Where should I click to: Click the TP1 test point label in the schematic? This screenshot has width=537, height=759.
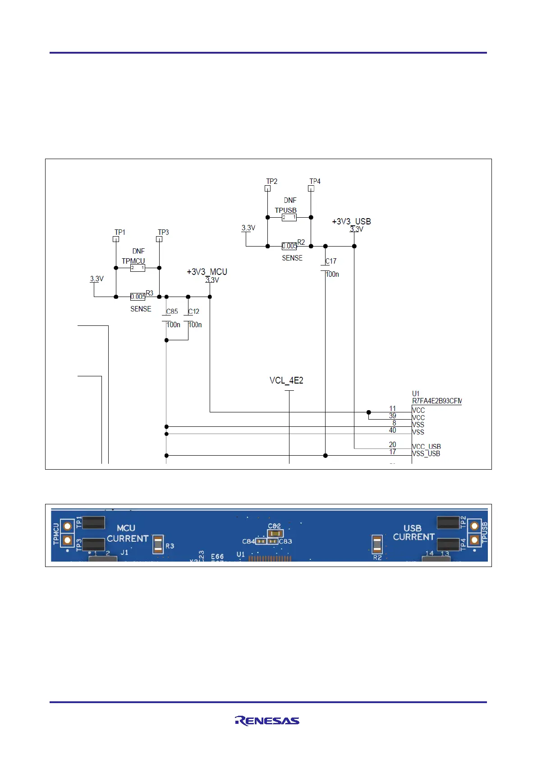point(119,232)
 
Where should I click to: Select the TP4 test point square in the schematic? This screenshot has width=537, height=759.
point(311,188)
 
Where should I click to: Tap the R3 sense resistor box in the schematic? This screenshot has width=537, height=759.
point(138,297)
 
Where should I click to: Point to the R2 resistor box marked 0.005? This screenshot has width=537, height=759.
point(289,246)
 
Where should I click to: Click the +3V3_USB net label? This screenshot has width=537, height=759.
point(351,221)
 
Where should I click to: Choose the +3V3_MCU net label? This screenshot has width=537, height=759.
point(207,272)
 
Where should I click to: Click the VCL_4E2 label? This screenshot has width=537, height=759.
point(286,380)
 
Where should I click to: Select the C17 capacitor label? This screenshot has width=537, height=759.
point(331,261)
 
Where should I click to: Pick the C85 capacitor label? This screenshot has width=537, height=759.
point(172,311)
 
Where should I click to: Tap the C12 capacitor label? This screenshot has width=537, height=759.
point(193,311)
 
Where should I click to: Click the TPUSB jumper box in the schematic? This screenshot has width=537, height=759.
point(289,217)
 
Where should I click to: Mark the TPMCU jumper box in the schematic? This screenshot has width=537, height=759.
point(138,268)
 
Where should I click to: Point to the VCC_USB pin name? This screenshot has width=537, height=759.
point(426,447)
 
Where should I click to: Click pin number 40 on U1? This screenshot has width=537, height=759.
point(392,430)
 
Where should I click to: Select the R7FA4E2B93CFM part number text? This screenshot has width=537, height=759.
point(436,401)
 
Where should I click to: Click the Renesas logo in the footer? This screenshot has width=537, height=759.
point(267,721)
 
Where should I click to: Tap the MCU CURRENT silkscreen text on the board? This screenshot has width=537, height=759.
point(127,533)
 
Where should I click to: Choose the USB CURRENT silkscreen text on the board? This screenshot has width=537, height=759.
point(413,532)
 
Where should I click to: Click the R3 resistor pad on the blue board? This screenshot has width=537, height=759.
point(158,544)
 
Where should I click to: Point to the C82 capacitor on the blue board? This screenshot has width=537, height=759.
point(275,533)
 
